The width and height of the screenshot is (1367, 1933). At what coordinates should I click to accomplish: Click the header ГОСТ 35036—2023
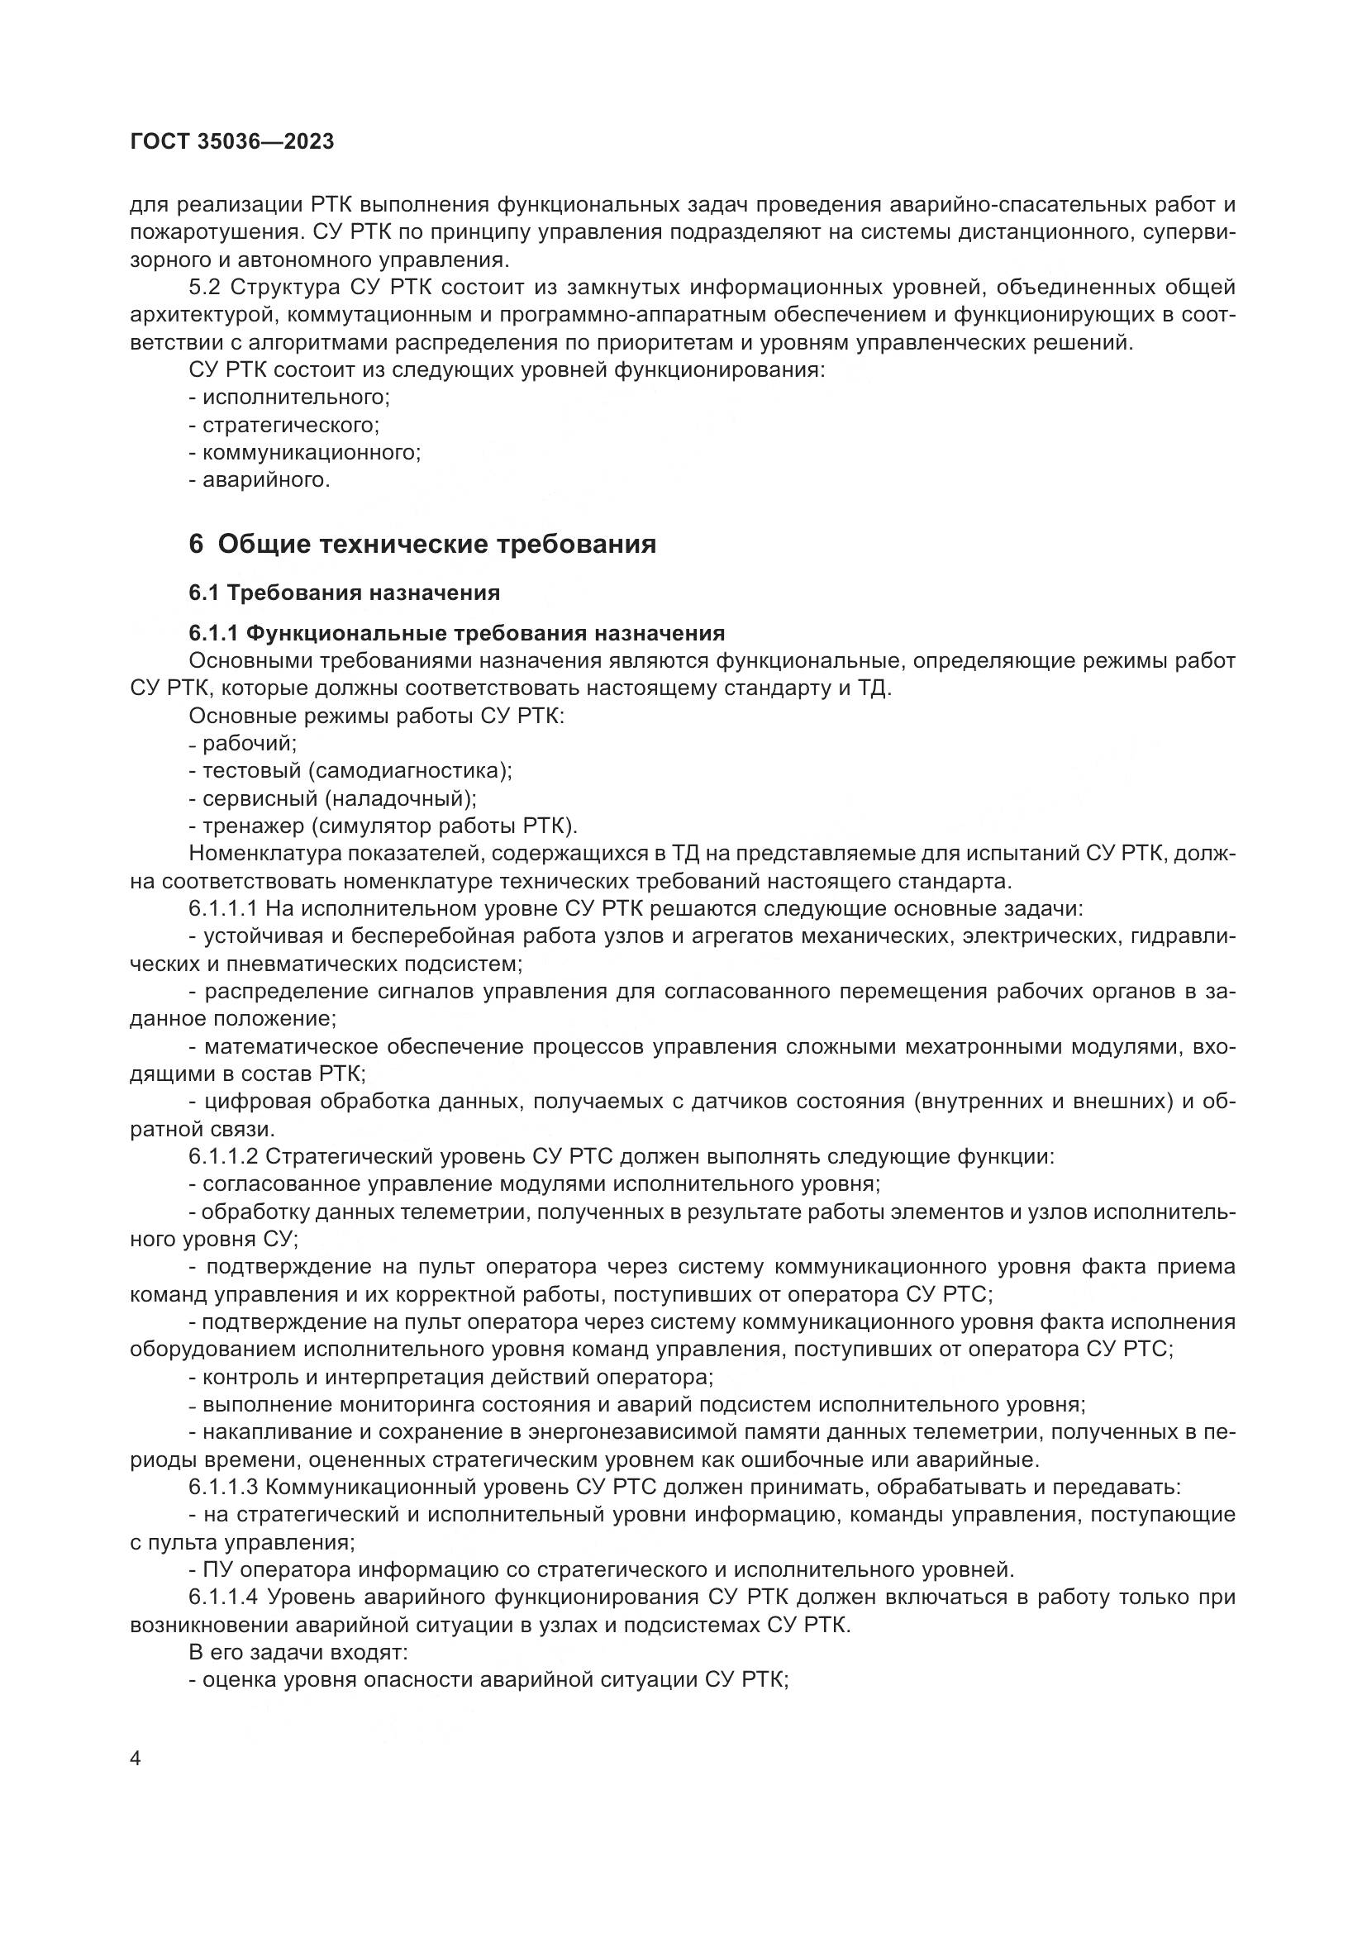232,142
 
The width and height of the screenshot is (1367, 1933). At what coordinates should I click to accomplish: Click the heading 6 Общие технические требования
422,545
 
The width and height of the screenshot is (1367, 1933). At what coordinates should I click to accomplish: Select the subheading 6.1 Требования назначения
345,593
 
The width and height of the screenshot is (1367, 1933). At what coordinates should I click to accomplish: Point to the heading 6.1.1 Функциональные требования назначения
456,632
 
